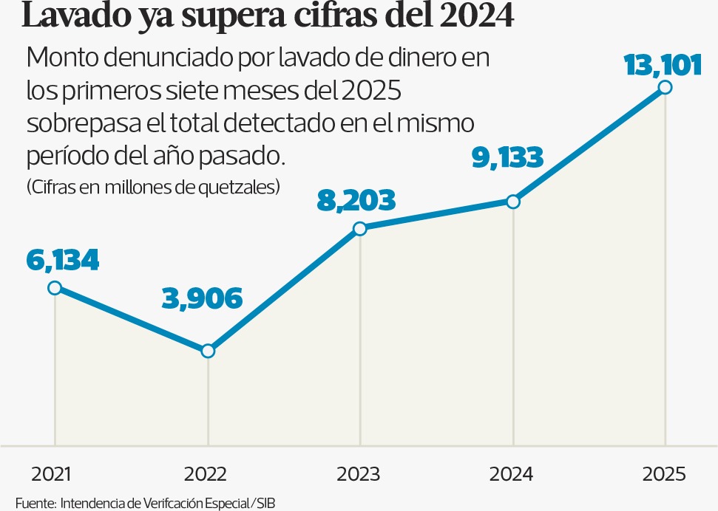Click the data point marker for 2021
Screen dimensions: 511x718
pos(55,288)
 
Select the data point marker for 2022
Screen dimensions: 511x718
pos(208,351)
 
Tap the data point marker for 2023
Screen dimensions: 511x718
pos(360,229)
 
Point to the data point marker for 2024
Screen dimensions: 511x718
pos(513,202)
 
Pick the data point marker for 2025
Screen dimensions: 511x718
pos(665,87)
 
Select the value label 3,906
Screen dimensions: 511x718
pos(201,298)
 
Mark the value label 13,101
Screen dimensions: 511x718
pos(662,66)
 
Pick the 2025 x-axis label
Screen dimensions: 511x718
pos(665,474)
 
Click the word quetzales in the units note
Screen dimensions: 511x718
pos(240,187)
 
